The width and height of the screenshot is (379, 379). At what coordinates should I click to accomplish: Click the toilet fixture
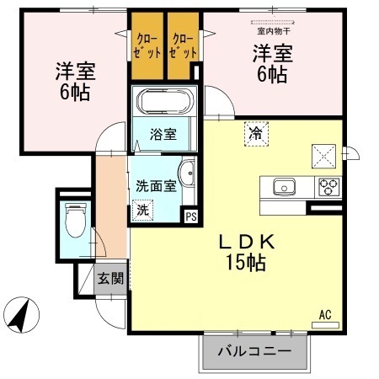pos(73,222)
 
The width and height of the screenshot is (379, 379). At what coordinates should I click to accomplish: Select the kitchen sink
pos(283,186)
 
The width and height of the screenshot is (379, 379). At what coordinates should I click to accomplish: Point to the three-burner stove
pos(328,186)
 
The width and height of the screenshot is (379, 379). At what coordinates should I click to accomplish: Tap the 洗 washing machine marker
pos(143,211)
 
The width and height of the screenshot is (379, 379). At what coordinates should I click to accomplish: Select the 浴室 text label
pos(163,132)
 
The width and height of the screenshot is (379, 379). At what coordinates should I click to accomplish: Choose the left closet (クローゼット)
pos(146,45)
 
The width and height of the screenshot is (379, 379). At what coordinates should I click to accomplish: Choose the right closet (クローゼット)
pos(184,45)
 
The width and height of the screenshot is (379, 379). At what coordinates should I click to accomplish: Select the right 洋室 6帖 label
pos(270,63)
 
